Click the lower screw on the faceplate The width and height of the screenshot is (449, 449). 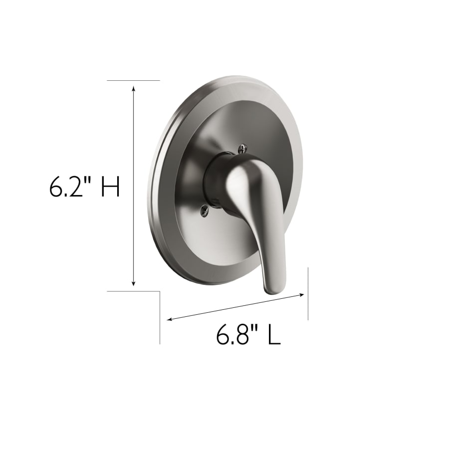click(205, 211)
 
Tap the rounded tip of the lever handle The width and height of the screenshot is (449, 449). click(274, 289)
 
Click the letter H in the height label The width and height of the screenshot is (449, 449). click(111, 187)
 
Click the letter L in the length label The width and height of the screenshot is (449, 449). click(274, 334)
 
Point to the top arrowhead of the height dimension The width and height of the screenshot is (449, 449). click(133, 88)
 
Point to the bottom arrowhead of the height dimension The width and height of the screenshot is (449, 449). click(133, 283)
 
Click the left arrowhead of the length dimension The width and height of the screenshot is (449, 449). click(170, 319)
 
